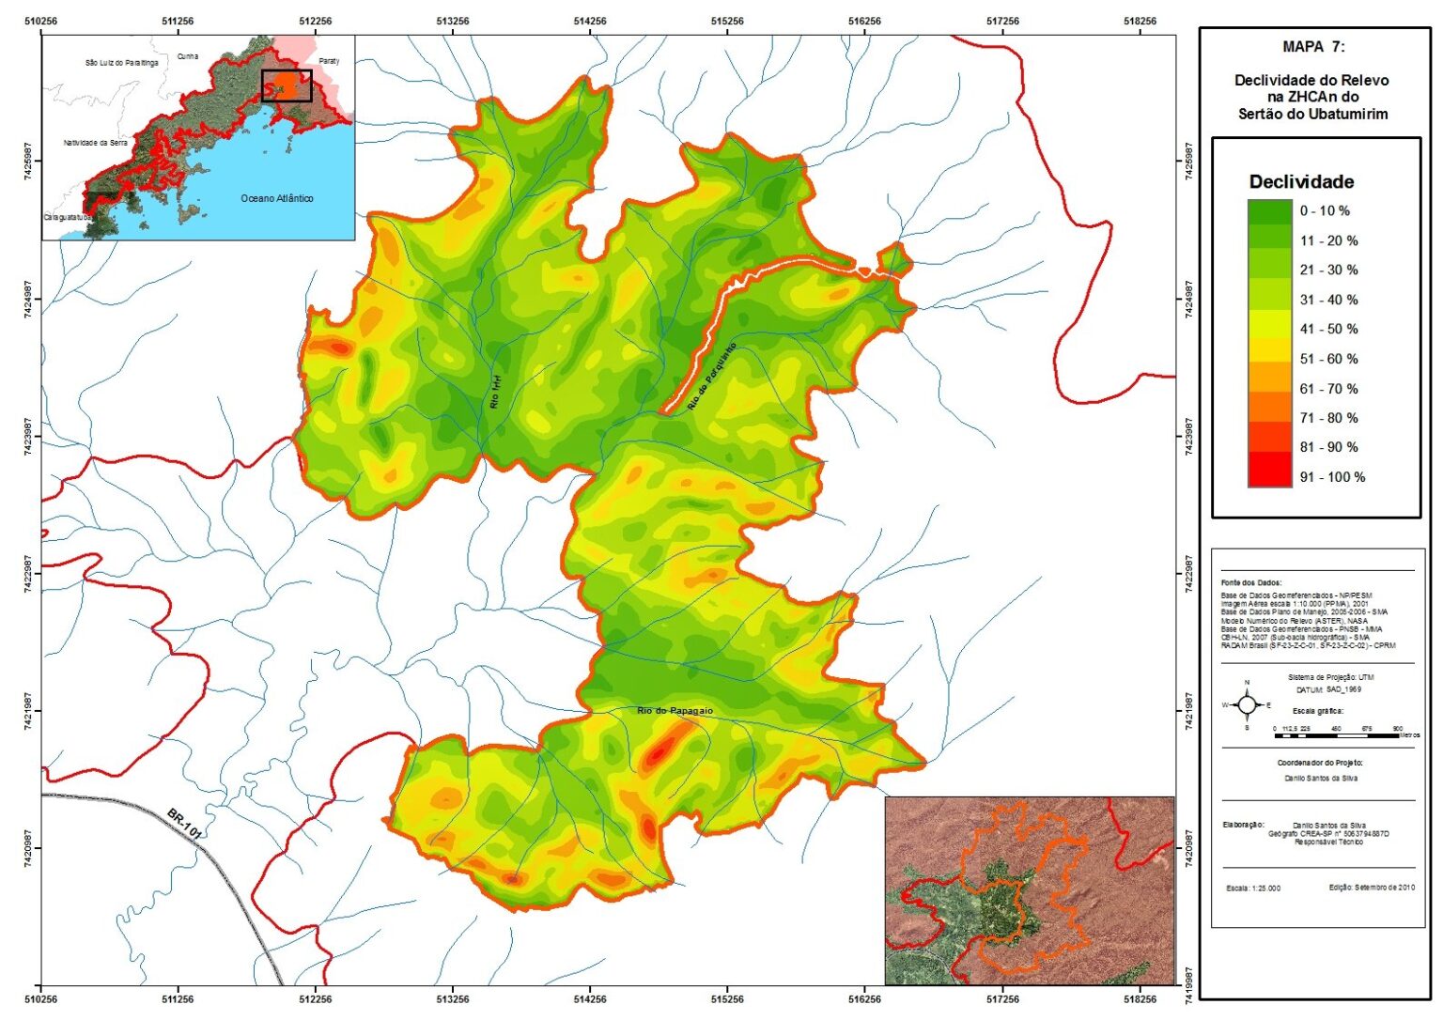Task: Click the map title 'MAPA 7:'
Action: [x=1312, y=47]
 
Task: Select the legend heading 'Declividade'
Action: [x=1301, y=182]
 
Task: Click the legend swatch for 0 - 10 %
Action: [x=1270, y=212]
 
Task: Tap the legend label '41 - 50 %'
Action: [x=1328, y=330]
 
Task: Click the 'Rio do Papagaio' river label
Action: [x=675, y=711]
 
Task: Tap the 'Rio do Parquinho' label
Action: [x=711, y=377]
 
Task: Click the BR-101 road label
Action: [x=185, y=823]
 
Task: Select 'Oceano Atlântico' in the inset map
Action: [x=277, y=199]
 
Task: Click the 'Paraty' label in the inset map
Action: [x=329, y=61]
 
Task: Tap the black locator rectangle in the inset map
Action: [x=287, y=85]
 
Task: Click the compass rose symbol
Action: [x=1247, y=704]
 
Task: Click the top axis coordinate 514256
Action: [x=590, y=21]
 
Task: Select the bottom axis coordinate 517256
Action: [x=1002, y=999]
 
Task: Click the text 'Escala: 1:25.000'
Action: [x=1253, y=889]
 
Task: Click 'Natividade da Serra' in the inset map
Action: [x=96, y=143]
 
